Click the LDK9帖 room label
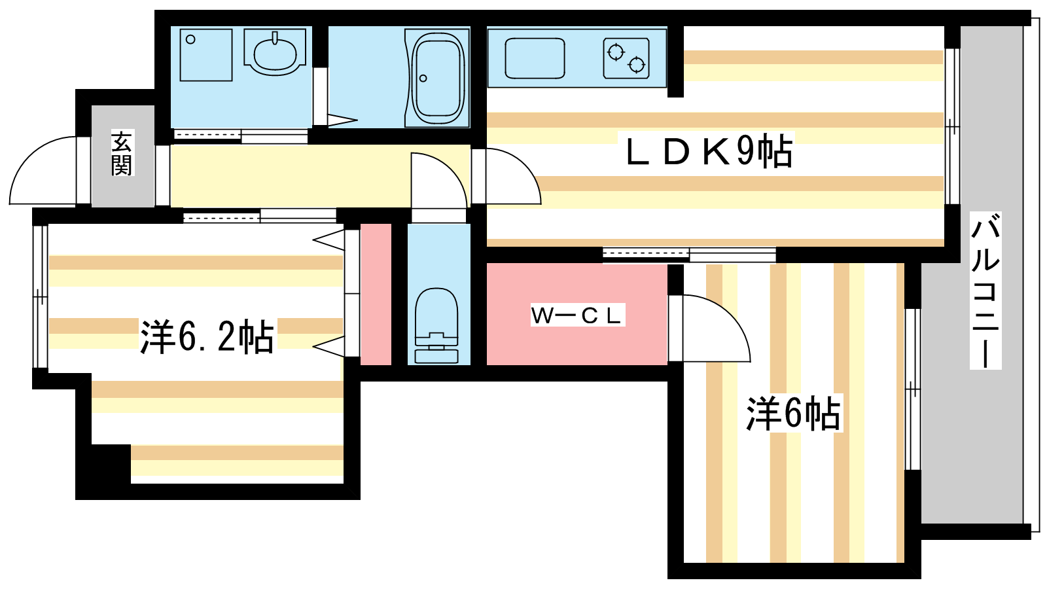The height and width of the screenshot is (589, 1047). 709,152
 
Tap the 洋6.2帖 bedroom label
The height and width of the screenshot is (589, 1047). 207,337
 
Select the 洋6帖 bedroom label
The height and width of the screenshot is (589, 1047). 793,414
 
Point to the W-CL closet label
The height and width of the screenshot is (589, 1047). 577,315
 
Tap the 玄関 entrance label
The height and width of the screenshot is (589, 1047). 122,154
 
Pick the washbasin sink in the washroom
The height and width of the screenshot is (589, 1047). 275,54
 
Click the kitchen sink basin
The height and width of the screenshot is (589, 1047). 535,58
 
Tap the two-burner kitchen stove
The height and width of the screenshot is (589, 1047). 626,58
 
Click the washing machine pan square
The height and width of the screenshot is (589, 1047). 205,54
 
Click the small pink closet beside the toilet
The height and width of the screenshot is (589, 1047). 376,294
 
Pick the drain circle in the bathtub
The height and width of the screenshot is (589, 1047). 423,79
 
